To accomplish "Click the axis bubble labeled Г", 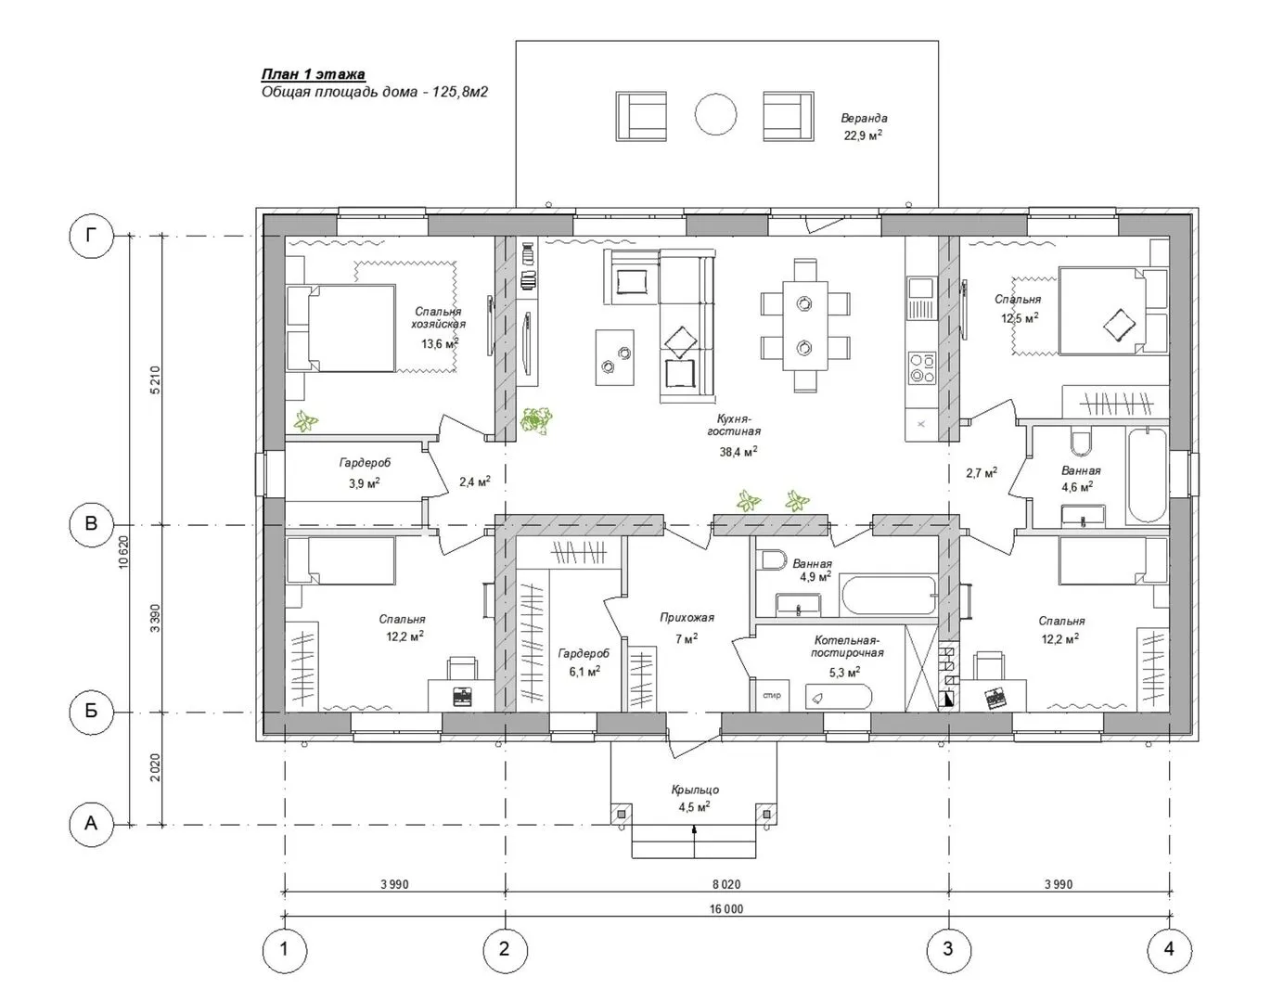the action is tap(91, 237).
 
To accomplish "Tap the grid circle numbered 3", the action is tap(948, 949).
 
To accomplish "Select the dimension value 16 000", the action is tap(726, 909).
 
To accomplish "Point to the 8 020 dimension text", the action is tap(726, 884).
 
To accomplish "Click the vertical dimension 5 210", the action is tap(155, 379).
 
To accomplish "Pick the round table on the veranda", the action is tap(715, 115).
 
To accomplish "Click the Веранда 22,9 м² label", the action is tap(864, 126).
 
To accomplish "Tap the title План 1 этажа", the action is tap(314, 74).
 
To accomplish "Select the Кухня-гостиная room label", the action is tap(734, 425).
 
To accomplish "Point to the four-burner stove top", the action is tap(922, 367).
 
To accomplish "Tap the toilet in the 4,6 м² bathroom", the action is tap(1082, 443).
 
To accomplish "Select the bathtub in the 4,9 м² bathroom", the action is tap(889, 596).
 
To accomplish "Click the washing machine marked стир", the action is tap(771, 695).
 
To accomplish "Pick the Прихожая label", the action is tap(687, 617).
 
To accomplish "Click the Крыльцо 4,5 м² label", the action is tap(695, 798).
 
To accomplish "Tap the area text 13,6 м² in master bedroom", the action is tap(440, 343).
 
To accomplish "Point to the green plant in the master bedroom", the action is tap(305, 421).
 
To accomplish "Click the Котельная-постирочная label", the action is tap(847, 647).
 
